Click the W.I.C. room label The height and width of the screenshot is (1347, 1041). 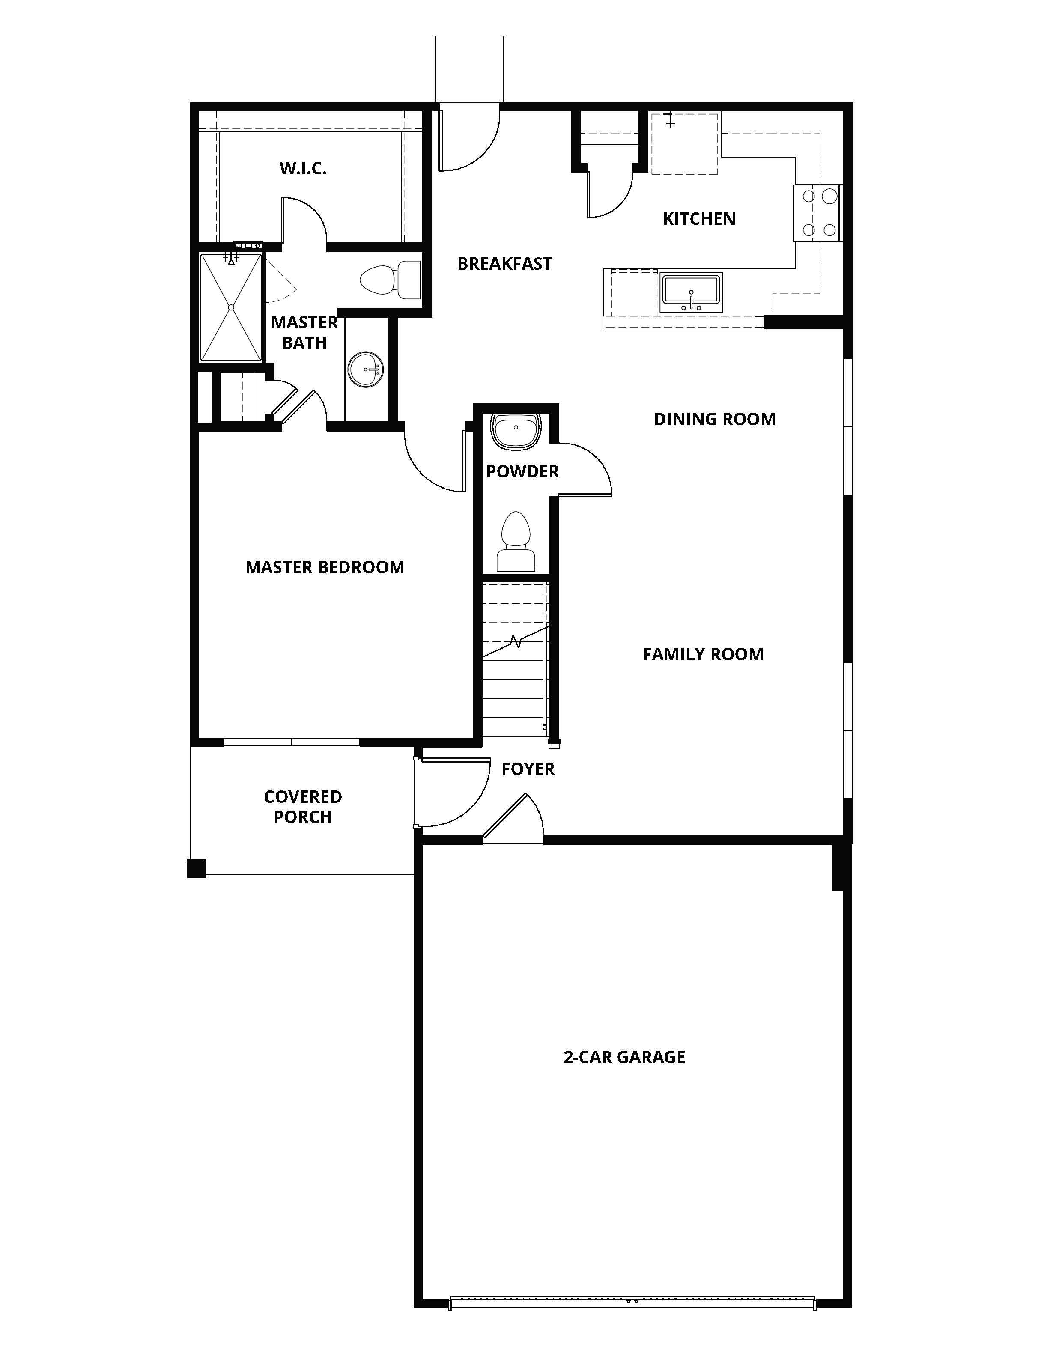302,168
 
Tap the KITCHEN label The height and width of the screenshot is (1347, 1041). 699,219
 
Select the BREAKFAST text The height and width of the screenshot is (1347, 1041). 504,264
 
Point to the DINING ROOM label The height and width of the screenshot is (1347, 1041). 714,420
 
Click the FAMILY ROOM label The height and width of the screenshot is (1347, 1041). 702,654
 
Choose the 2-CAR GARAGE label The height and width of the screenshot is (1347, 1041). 624,1057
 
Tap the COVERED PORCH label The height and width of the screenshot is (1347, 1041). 303,807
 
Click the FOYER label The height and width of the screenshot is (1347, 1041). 528,769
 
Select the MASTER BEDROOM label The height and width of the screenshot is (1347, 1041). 325,567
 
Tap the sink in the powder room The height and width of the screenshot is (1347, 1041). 516,429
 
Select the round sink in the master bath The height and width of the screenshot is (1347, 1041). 366,370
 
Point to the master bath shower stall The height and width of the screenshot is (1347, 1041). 231,307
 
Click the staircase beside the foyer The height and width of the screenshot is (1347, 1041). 515,660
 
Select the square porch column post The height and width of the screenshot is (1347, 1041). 196,868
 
